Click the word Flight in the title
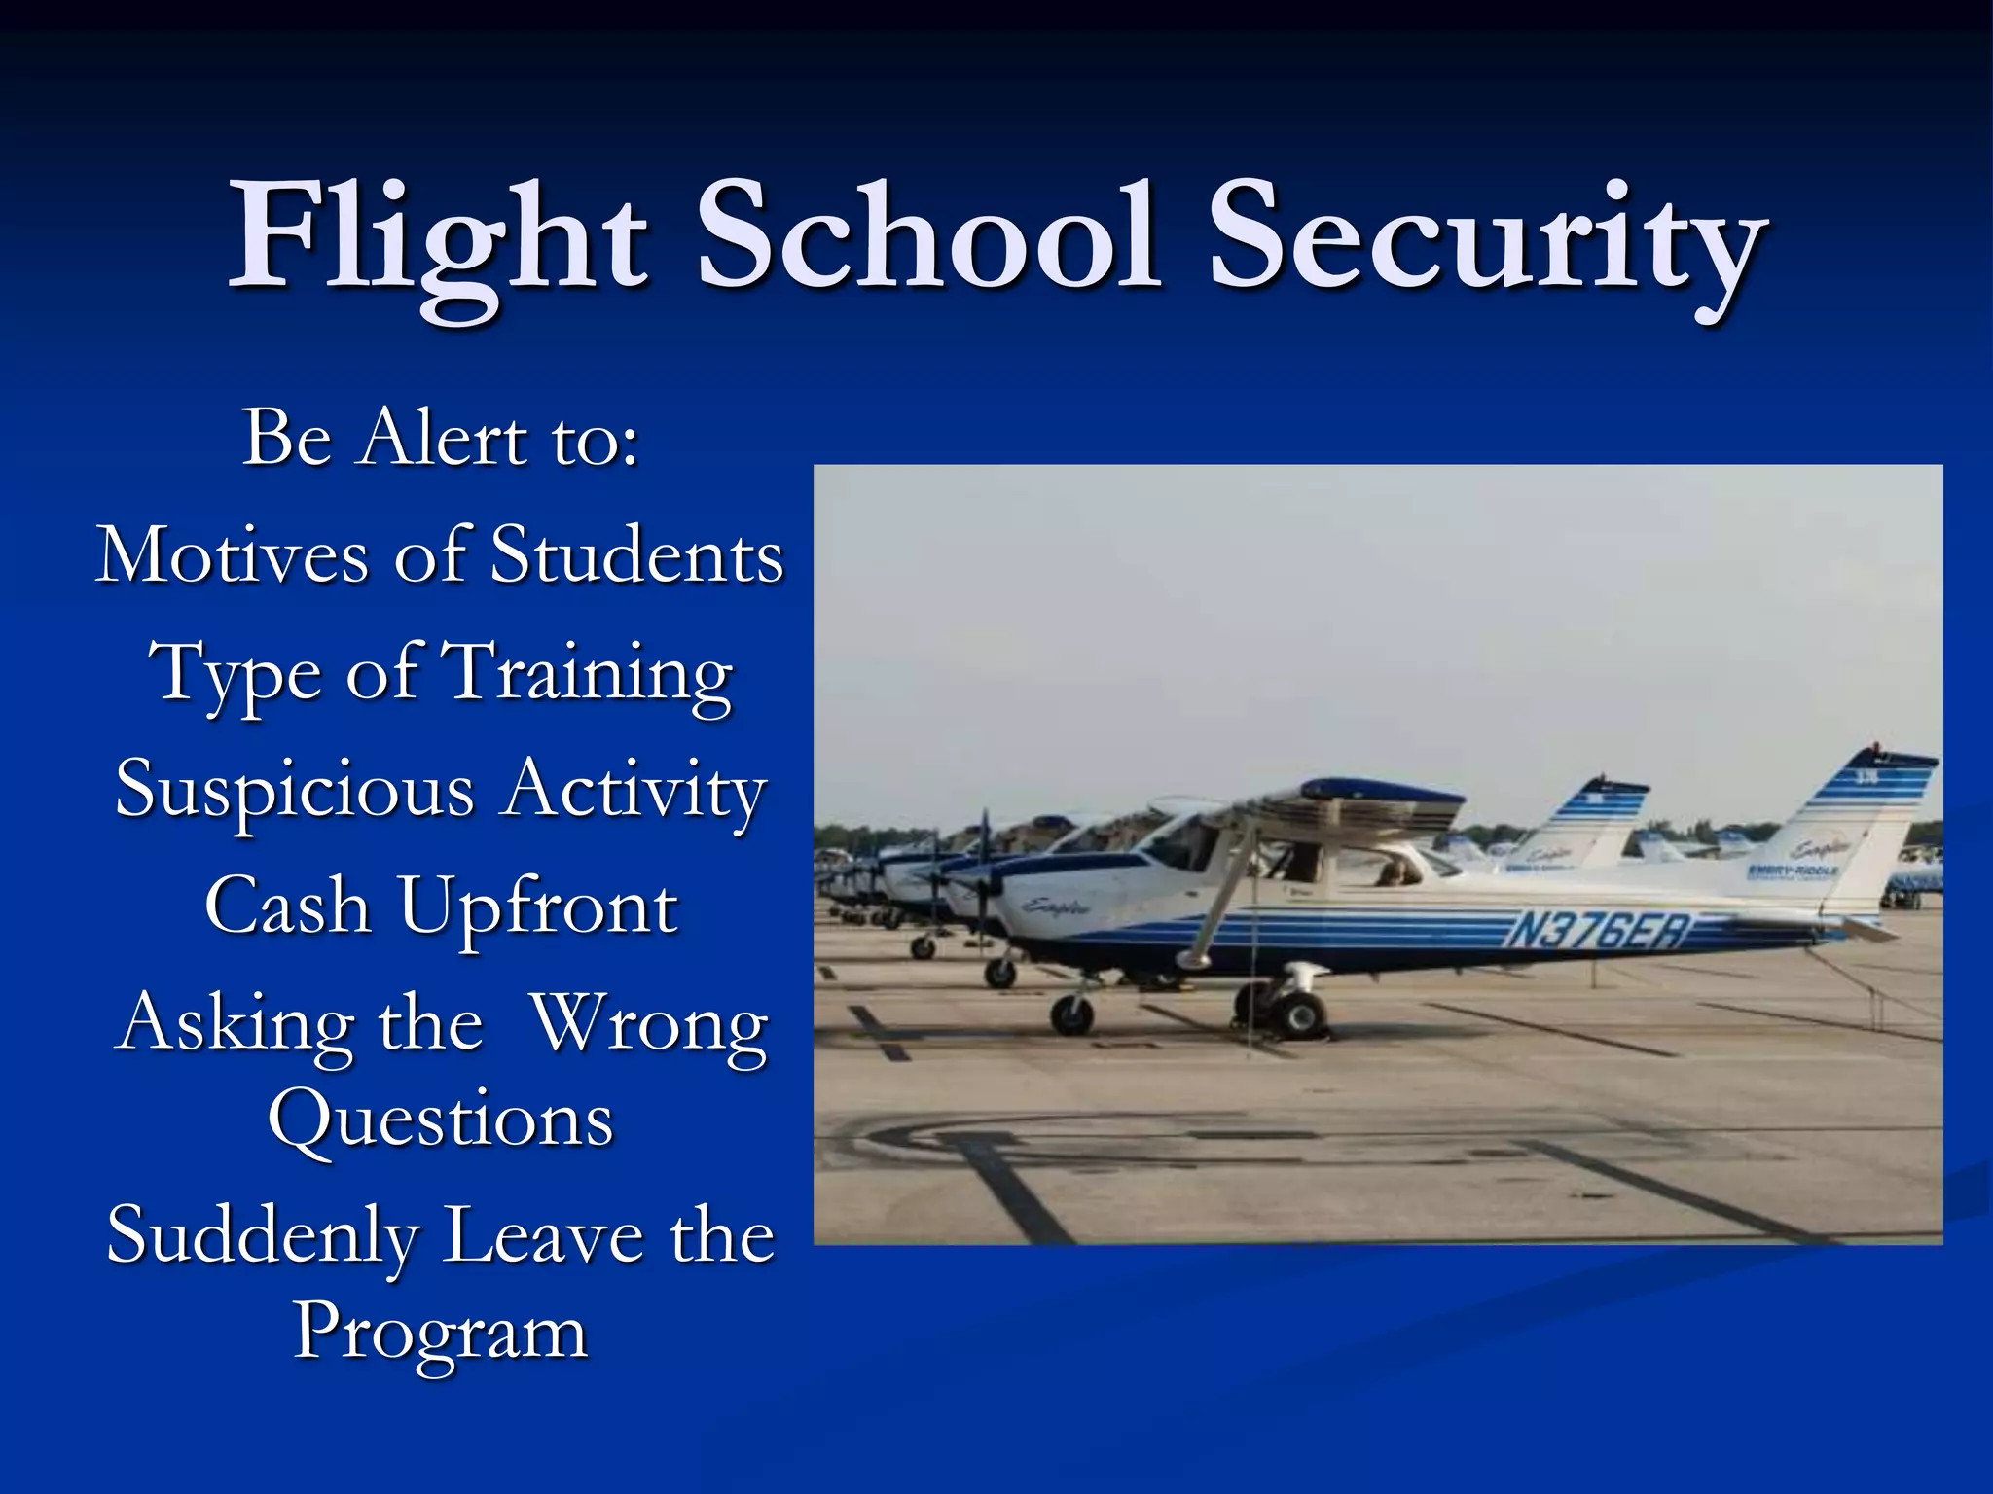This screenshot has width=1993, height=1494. pos(438,238)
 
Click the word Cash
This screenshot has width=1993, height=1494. pos(288,907)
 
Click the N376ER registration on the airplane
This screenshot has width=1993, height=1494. pos(1596,931)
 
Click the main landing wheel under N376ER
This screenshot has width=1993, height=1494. pos(1299,1014)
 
